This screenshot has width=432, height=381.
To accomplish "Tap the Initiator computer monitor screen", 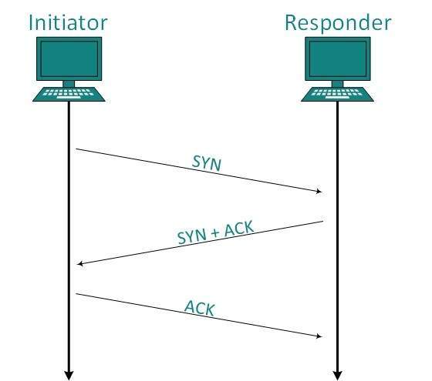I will tap(69, 58).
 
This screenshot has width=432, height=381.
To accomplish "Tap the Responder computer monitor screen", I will tap(337, 58).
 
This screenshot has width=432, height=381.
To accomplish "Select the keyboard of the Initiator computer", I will tap(69, 94).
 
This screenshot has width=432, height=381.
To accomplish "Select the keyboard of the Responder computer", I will tap(337, 94).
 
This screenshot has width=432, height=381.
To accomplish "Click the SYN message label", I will tap(205, 163).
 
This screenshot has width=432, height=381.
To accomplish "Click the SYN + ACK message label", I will tap(215, 232).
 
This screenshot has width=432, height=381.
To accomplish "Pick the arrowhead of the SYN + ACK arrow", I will tap(81, 264).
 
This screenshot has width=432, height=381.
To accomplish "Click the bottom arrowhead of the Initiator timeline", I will tap(69, 375).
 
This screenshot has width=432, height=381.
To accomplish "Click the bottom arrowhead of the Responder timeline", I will tap(337, 375).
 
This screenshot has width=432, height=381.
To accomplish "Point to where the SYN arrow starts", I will tap(76, 149).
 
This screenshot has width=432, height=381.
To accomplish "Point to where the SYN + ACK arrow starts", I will tap(322, 222).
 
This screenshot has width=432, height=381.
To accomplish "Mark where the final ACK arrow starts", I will tap(76, 293).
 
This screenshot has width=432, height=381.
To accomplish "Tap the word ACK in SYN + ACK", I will tap(236, 229).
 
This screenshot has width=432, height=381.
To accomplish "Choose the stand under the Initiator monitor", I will tap(69, 82).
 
